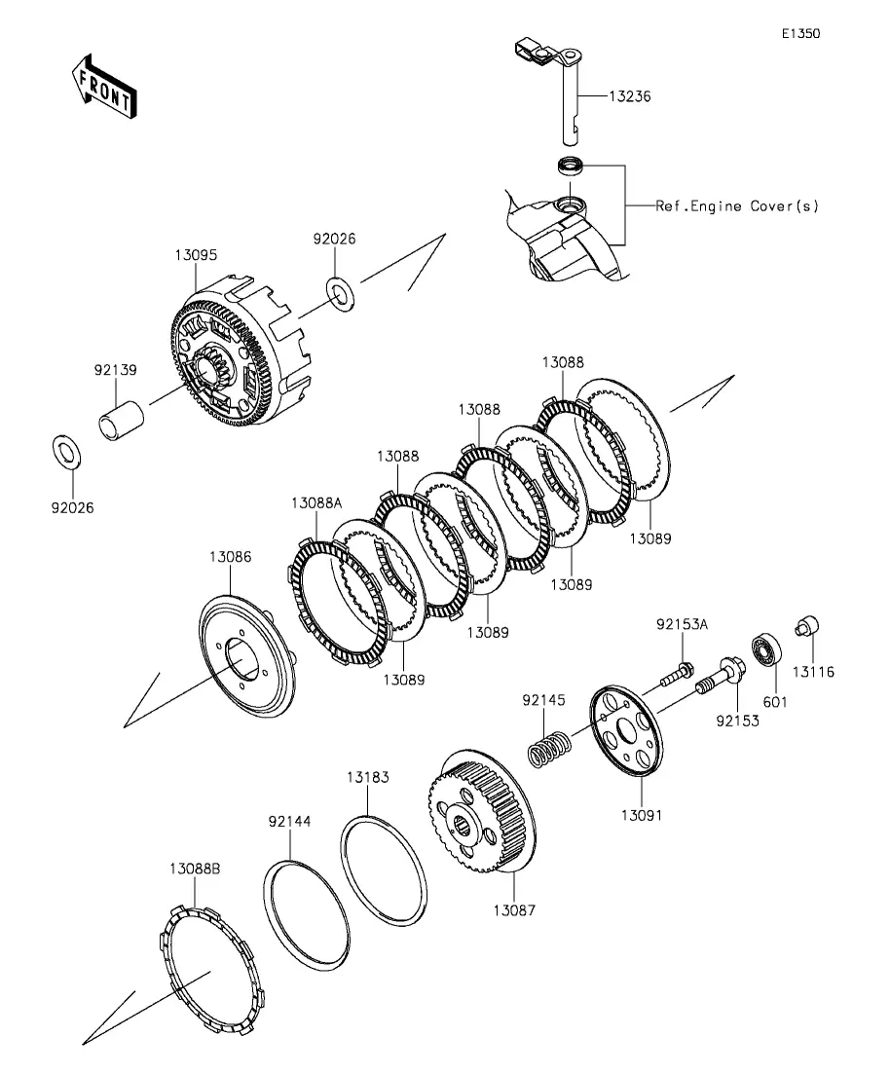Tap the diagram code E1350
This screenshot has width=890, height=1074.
[800, 33]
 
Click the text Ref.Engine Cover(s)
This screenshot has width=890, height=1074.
[737, 206]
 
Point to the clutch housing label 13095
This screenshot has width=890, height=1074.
[196, 254]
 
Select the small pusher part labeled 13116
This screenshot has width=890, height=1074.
[808, 627]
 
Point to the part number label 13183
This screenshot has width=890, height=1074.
[367, 778]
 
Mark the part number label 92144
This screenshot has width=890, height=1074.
[290, 822]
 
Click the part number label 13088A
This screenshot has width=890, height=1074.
[316, 502]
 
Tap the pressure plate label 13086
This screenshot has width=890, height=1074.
[230, 557]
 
